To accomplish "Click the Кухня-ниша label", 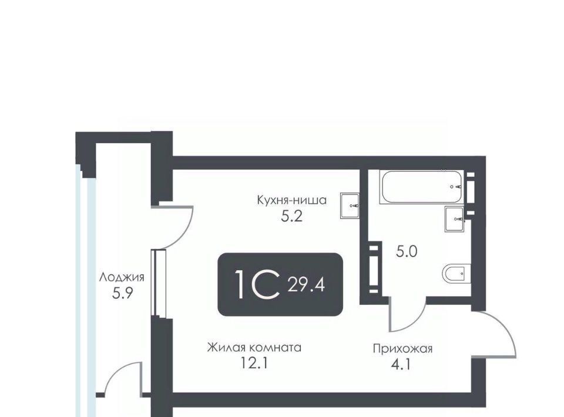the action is [292, 200].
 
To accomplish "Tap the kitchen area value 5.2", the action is [292, 216].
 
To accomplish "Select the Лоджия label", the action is [122, 277].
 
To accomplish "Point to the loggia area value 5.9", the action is [123, 293].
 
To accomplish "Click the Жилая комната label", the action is [254, 348].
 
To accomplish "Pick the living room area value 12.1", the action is [254, 364].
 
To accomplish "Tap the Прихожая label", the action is [402, 349].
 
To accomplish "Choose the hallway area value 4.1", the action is [401, 365].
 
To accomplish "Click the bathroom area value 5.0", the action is [407, 251].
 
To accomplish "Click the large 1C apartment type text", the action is [257, 285].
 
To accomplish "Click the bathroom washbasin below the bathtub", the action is [455, 219].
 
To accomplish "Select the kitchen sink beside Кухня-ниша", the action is [350, 206].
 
